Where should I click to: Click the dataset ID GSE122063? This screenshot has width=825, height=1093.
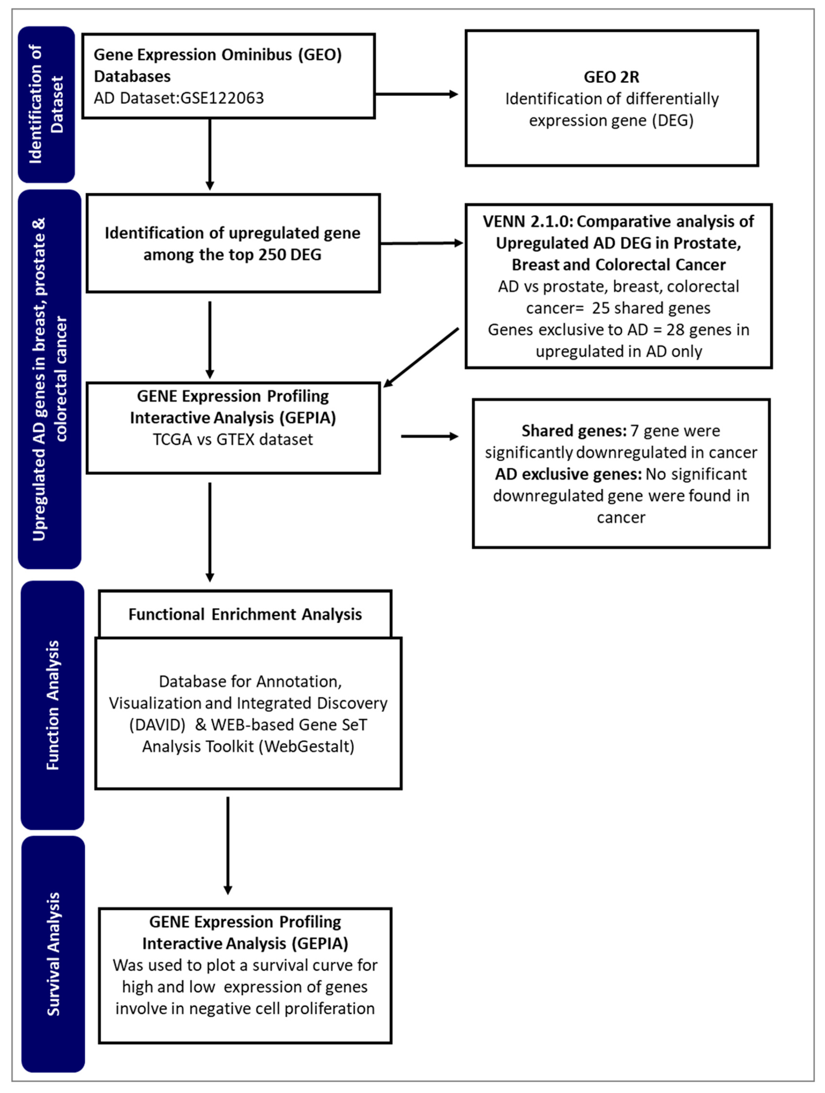[222, 98]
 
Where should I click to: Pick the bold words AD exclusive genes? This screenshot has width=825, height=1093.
[568, 474]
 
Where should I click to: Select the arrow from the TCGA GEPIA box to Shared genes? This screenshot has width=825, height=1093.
[430, 436]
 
